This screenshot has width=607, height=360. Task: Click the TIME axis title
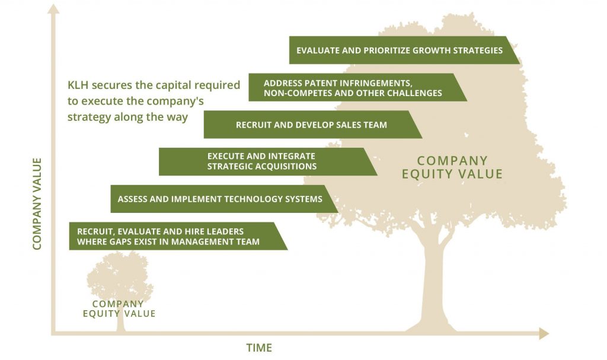coord(259,348)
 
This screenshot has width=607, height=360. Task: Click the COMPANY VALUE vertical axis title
coord(37,204)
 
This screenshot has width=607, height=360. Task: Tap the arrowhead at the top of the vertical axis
coord(53,9)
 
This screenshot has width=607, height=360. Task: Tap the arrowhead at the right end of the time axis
coord(544,333)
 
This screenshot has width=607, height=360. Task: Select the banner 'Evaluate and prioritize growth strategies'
coord(404,50)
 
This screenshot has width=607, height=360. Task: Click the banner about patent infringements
coord(357,87)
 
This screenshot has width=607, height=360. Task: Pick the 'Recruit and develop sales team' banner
coord(313,125)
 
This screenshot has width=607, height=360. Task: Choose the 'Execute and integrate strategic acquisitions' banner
coord(268,161)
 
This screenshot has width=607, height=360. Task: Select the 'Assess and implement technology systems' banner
coord(223,199)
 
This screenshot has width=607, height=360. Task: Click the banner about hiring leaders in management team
coord(178,236)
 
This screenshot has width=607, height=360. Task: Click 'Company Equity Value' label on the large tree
coord(452,167)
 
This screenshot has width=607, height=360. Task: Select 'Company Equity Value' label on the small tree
coord(119,309)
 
